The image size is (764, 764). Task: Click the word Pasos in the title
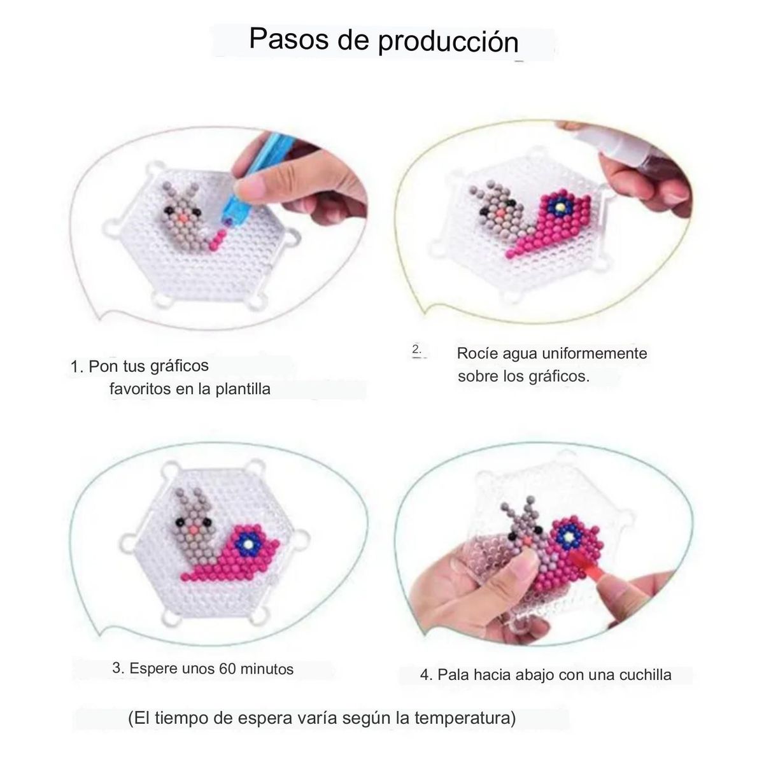coord(288,39)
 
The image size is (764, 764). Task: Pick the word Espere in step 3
coord(154,669)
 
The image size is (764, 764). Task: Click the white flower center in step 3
coord(248,544)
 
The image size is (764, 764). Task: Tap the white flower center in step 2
coord(560,207)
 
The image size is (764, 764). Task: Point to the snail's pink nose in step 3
coord(194,530)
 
